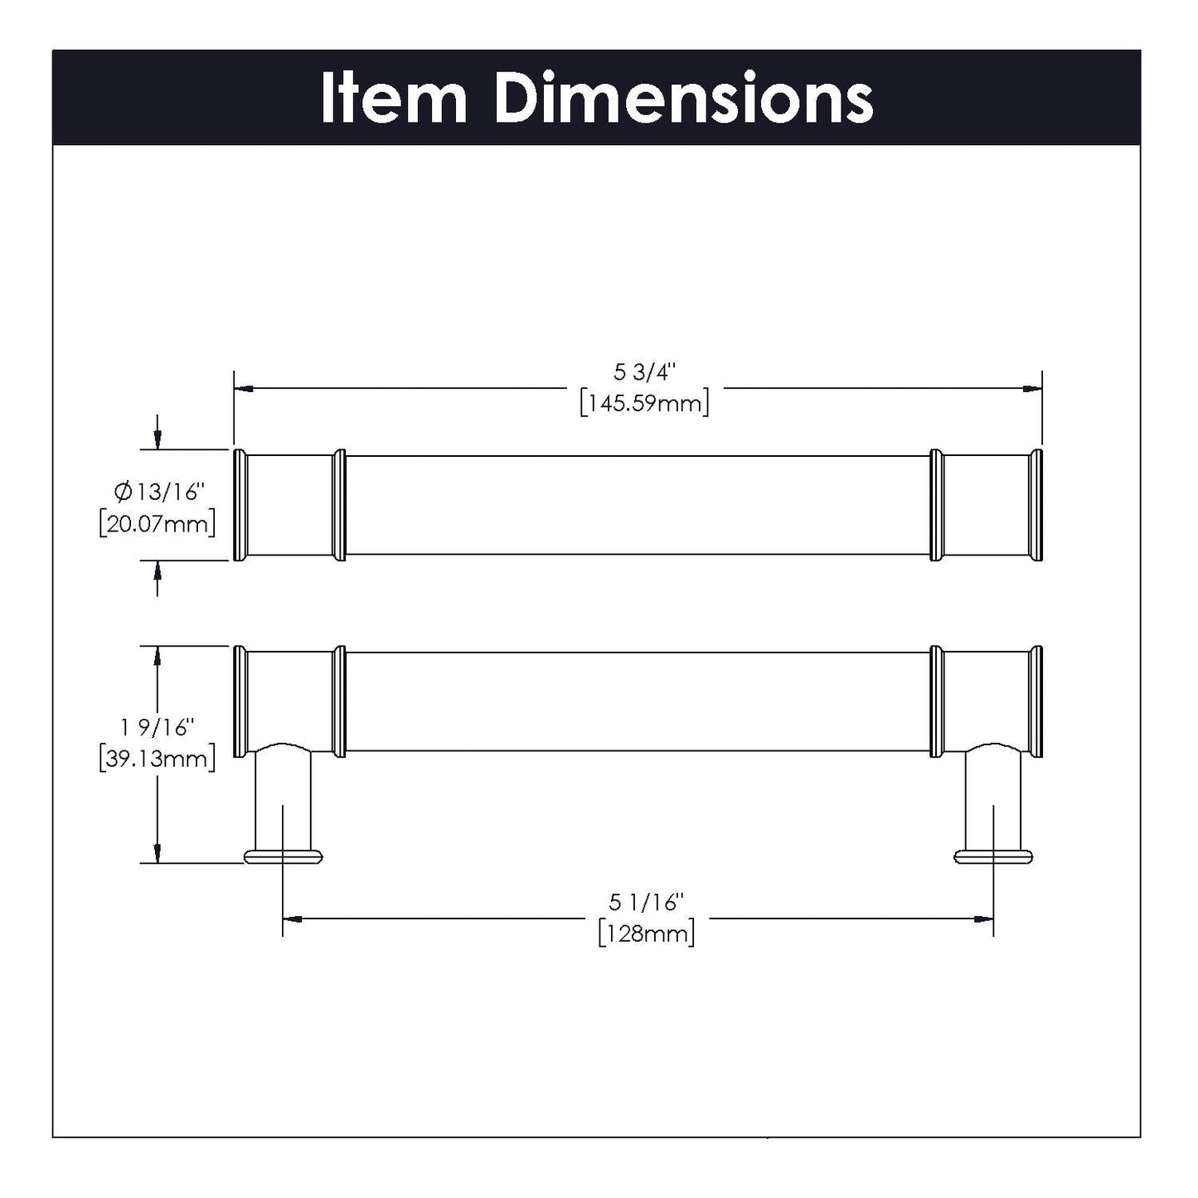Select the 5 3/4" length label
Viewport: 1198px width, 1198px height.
[x=644, y=374]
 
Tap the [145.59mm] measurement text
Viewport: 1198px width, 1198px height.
[x=644, y=405]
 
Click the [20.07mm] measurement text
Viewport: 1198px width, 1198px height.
[x=157, y=524]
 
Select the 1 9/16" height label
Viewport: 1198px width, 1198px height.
[x=157, y=728]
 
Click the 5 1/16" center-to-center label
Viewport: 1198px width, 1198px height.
[x=646, y=902]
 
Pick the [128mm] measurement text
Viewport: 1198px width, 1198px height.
[x=646, y=934]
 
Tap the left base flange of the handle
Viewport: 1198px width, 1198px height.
[x=283, y=856]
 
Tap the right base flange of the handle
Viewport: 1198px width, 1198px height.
[x=994, y=856]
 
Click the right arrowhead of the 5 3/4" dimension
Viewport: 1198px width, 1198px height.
[x=1032, y=387]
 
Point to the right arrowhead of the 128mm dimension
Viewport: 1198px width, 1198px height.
[x=984, y=919]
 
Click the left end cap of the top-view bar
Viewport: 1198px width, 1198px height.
[x=240, y=506]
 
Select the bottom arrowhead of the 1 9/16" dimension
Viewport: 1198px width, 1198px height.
[x=157, y=853]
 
